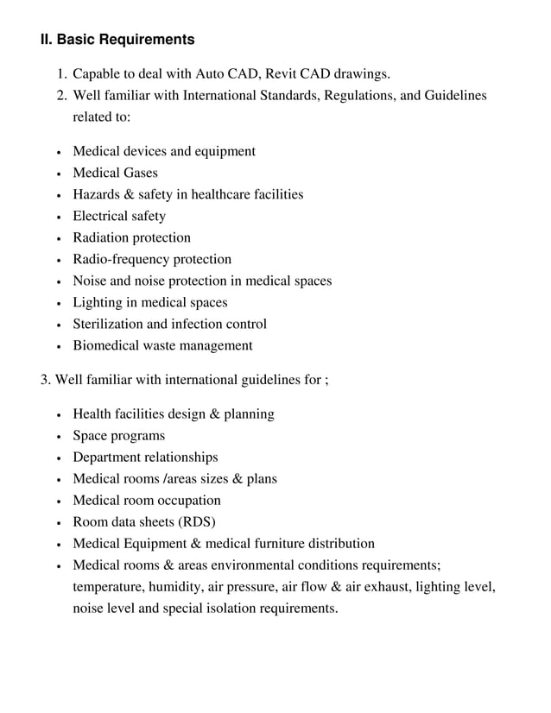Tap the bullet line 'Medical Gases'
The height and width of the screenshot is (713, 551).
click(x=115, y=173)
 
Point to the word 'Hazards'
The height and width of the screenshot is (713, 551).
click(x=97, y=194)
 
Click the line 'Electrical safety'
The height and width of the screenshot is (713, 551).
click(x=119, y=216)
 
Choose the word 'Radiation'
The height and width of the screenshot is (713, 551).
click(x=101, y=237)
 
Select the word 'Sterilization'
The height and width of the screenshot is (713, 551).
click(x=107, y=324)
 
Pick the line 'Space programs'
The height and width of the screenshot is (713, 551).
click(x=118, y=435)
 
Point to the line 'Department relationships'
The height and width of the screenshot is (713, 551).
click(x=145, y=457)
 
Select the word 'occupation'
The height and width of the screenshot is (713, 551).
click(x=186, y=500)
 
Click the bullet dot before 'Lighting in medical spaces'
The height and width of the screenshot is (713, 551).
click(x=57, y=303)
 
